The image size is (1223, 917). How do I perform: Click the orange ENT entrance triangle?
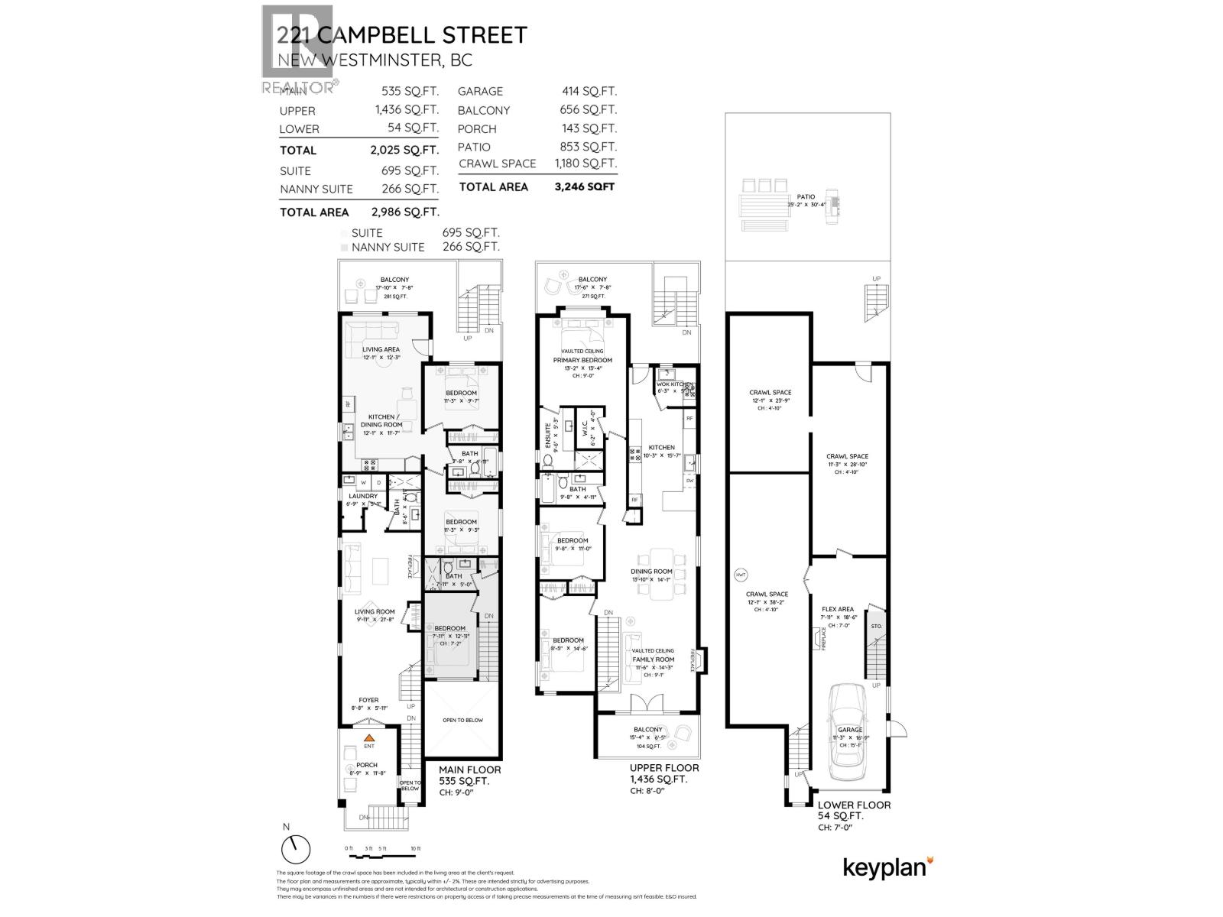368,738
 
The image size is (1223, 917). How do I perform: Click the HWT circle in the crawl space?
741,575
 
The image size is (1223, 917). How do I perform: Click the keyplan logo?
887,867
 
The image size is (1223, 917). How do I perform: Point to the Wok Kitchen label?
674,384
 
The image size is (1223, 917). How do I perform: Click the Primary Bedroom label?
582,360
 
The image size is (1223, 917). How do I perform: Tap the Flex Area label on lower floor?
839,609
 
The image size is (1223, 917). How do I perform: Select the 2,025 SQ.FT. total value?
404,151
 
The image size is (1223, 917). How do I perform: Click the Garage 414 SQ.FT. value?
589,91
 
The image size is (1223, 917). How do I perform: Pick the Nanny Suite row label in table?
316,190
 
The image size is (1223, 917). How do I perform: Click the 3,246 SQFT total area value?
584,186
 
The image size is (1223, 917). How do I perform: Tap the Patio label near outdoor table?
806,196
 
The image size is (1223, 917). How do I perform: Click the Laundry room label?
362,496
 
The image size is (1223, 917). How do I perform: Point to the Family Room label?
653,659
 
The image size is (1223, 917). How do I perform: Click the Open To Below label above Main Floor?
462,720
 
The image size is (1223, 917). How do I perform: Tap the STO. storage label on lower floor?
876,626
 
